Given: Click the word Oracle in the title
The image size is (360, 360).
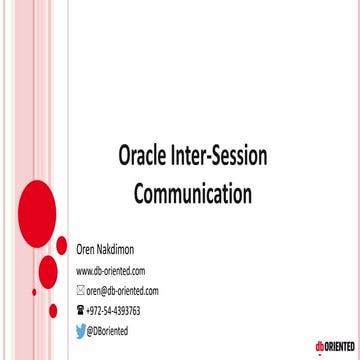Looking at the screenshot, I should click(143, 156).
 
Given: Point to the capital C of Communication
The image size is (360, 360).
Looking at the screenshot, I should click(141, 191).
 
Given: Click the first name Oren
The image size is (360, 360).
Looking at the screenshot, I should click(87, 252).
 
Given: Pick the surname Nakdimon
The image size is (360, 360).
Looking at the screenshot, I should click(122, 252).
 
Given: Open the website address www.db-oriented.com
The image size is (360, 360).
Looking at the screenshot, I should click(111, 271).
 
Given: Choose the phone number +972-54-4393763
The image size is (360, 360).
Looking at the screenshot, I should click(114, 311).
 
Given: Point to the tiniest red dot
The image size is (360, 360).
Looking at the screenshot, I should click(34, 292).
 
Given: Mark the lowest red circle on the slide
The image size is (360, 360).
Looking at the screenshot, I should click(53, 311).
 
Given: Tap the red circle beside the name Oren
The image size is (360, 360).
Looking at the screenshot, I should click(61, 245).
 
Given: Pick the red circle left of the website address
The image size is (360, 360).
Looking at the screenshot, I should click(47, 272).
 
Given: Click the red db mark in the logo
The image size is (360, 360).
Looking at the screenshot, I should click(320, 346).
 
